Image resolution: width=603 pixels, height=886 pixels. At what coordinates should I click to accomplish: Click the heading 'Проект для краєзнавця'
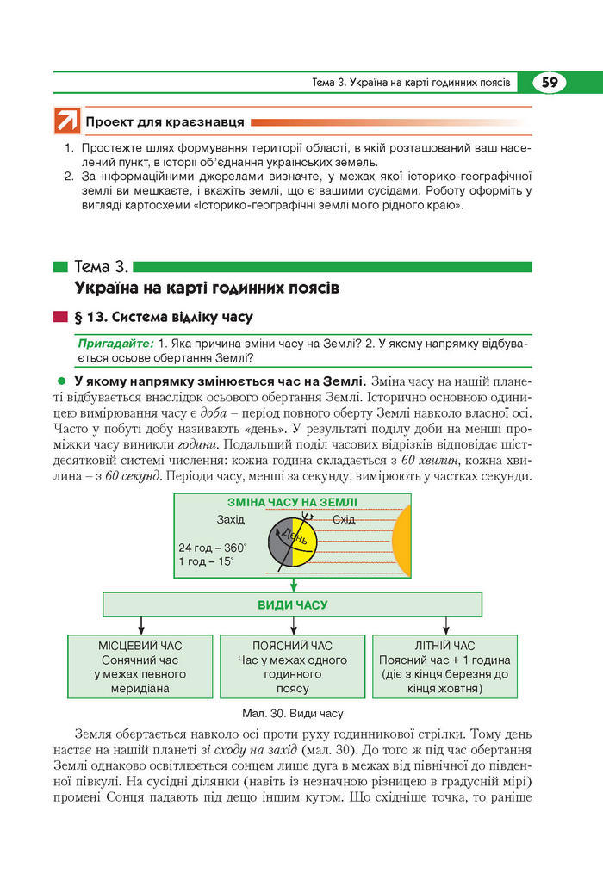(165, 122)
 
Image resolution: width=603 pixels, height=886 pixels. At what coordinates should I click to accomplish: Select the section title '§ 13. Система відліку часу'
(164, 316)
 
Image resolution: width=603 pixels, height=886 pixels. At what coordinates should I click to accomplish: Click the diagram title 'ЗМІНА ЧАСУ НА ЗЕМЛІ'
(292, 502)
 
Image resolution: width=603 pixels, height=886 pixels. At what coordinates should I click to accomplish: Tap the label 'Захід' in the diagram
(230, 519)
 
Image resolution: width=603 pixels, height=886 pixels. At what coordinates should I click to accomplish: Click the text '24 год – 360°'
(213, 548)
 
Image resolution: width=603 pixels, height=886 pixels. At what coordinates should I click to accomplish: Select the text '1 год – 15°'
(206, 561)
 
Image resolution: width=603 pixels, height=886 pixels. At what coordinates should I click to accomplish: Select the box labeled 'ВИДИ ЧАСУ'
(293, 604)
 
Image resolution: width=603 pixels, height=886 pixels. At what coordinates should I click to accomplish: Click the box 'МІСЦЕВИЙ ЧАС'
(140, 666)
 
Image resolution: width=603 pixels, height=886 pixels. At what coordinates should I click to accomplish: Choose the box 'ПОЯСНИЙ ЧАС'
(292, 666)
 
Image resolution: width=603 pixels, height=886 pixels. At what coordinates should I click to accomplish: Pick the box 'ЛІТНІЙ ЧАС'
(444, 666)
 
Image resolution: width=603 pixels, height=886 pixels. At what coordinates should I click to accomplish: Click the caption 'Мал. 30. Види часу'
(293, 714)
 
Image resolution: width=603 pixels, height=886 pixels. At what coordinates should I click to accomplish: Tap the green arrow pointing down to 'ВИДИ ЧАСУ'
(293, 586)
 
